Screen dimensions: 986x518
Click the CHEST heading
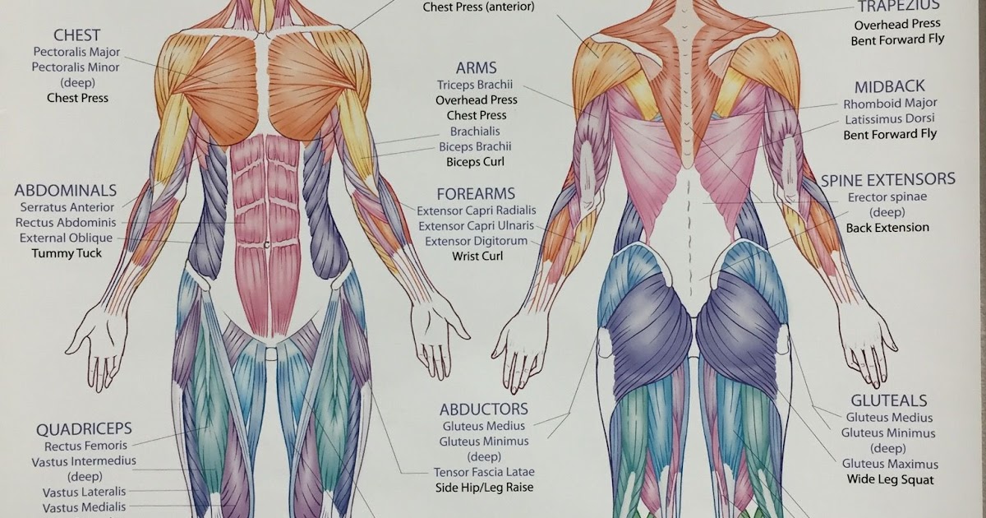(x=76, y=35)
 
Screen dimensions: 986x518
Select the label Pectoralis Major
(x=76, y=52)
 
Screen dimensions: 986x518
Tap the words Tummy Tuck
(x=67, y=253)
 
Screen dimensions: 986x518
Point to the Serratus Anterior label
(x=67, y=207)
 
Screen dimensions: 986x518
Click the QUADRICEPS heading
(x=83, y=428)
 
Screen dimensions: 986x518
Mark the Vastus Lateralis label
(x=85, y=493)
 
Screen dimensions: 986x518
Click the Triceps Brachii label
(x=475, y=84)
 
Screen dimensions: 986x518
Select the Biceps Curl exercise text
(x=475, y=162)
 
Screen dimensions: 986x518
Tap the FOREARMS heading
(x=476, y=194)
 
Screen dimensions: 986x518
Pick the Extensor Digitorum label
(x=477, y=241)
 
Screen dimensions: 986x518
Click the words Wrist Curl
(x=477, y=256)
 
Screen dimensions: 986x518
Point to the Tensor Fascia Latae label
(x=484, y=472)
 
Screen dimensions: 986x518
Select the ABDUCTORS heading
(x=483, y=409)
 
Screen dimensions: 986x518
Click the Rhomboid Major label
(x=890, y=104)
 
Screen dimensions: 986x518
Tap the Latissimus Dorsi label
(x=890, y=119)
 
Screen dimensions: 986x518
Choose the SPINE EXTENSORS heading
(x=888, y=179)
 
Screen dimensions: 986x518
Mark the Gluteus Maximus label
(x=890, y=464)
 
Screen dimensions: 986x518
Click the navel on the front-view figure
(x=267, y=243)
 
